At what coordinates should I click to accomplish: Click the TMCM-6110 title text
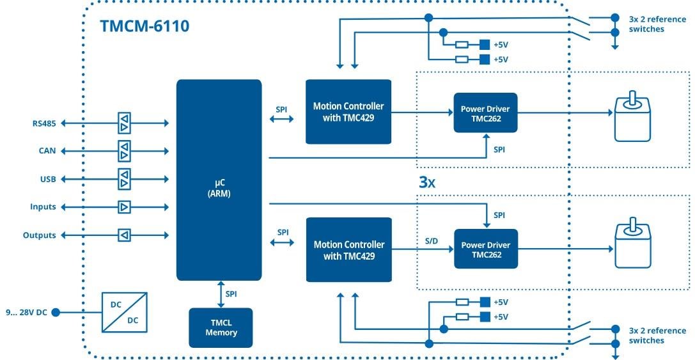144,26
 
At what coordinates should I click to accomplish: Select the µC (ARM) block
219,180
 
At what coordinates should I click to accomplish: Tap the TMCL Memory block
221,327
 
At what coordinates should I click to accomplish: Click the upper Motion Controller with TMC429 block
348,111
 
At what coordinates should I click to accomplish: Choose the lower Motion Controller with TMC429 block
348,249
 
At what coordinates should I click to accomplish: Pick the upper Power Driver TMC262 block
485,113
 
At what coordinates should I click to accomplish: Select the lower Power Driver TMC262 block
485,249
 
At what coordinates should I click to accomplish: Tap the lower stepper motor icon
632,246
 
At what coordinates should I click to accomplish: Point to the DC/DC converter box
125,312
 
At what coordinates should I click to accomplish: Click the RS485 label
44,123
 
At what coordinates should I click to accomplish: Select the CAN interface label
47,151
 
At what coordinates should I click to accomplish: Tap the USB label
48,179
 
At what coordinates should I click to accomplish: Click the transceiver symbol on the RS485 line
124,123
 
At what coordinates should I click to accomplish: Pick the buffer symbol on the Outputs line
124,235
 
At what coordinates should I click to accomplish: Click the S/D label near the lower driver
432,241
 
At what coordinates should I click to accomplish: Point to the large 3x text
427,182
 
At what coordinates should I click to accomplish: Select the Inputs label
43,207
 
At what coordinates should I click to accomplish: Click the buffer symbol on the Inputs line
124,207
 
